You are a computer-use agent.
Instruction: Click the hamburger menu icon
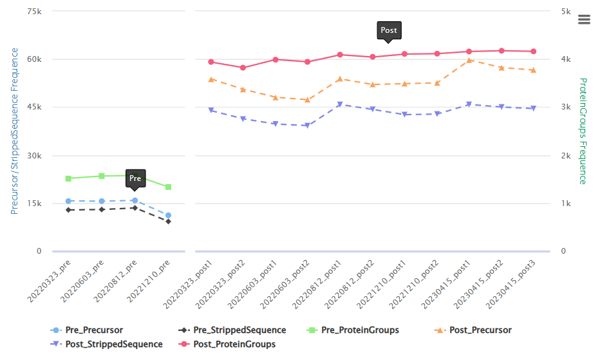[x=584, y=19]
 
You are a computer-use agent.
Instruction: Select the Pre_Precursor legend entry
[x=87, y=330]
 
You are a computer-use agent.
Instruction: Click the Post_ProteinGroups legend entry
[x=227, y=345]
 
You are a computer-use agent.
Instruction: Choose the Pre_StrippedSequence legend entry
[x=232, y=330]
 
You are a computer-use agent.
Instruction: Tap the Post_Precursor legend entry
[x=473, y=330]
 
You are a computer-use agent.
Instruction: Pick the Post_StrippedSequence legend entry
[x=106, y=345]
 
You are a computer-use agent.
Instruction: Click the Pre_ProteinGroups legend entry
[x=353, y=330]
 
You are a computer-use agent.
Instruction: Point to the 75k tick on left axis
[x=34, y=12]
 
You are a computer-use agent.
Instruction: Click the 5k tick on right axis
[x=566, y=12]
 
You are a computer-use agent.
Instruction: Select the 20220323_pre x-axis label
[x=49, y=281]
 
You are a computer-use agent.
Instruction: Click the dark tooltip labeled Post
[x=389, y=30]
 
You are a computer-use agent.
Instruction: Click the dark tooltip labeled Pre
[x=135, y=178]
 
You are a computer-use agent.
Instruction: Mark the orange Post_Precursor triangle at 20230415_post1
[x=469, y=61]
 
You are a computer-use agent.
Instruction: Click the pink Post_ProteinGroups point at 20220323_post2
[x=243, y=68]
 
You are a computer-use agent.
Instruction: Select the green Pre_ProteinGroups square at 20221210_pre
[x=168, y=187]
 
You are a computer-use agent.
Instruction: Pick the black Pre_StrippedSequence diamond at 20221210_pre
[x=168, y=222]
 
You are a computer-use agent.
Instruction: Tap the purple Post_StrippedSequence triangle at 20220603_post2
[x=307, y=125]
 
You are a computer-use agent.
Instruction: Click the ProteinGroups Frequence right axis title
[x=583, y=131]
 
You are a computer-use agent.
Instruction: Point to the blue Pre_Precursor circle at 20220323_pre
[x=68, y=201]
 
